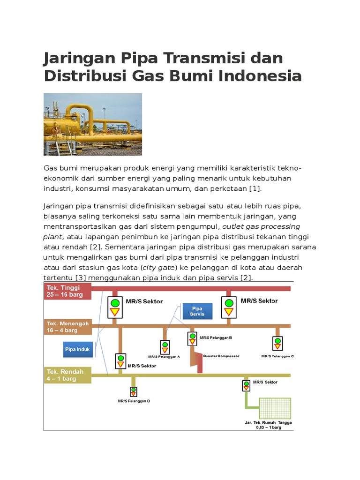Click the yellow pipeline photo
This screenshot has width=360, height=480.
pyautogui.click(x=93, y=124)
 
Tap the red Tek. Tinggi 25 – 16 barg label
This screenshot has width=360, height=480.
pyautogui.click(x=67, y=291)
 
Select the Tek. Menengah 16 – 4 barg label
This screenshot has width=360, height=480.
pyautogui.click(x=67, y=327)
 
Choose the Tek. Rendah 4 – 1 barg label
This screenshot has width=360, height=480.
pyautogui.click(x=67, y=375)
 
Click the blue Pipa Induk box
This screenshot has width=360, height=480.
pyautogui.click(x=77, y=349)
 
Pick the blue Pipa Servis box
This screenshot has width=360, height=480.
pyautogui.click(x=196, y=311)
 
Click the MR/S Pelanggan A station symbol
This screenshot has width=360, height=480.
pyautogui.click(x=165, y=347)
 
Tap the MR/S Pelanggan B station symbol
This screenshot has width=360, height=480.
pyautogui.click(x=192, y=338)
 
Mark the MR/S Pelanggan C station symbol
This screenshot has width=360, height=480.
pyautogui.click(x=277, y=344)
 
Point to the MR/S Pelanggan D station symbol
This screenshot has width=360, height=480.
pyautogui.click(x=134, y=392)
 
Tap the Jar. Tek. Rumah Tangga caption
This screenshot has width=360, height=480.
pyautogui.click(x=268, y=425)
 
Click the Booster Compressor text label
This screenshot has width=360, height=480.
pyautogui.click(x=221, y=356)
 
